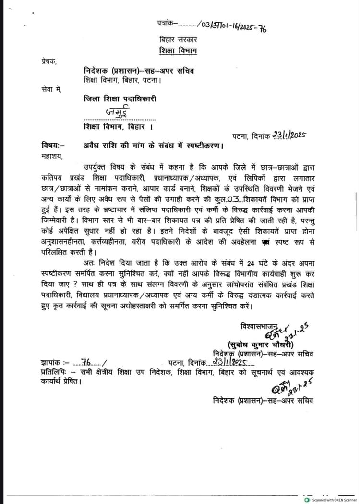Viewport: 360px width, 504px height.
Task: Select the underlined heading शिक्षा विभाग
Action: tap(178, 51)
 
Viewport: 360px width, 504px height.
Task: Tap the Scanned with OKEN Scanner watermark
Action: tap(332, 500)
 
